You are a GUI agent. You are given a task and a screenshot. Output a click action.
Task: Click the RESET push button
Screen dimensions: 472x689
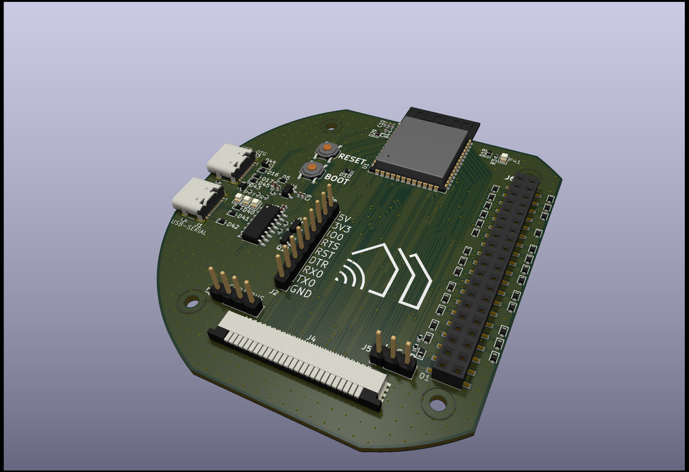[326, 149]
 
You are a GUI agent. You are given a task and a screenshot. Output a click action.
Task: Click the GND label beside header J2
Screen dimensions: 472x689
[301, 293]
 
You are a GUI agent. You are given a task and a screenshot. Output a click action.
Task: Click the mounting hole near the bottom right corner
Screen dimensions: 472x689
[438, 402]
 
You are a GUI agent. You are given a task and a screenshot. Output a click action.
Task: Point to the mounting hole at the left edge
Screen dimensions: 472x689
[189, 301]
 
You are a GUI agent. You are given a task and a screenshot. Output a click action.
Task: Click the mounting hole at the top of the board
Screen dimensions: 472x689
[332, 126]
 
